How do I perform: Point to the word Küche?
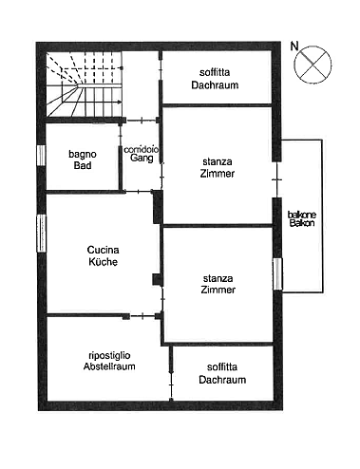click(101, 263)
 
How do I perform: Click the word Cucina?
click(101, 250)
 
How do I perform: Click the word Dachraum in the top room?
click(218, 84)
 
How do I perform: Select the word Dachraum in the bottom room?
click(223, 380)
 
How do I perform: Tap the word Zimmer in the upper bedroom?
click(218, 174)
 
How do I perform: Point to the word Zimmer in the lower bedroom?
click(218, 289)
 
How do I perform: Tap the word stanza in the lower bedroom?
click(218, 276)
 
